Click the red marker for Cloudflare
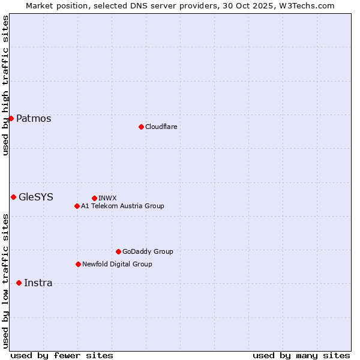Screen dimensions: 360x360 (x=141, y=127)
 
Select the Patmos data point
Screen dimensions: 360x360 (x=11, y=118)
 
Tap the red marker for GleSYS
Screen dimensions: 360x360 (x=13, y=197)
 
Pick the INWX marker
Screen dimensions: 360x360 (x=94, y=198)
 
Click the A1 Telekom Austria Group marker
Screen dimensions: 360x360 (x=77, y=206)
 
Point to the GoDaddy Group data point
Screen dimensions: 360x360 (x=118, y=251)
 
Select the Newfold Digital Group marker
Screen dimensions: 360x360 (x=78, y=264)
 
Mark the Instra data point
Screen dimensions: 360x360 (x=19, y=283)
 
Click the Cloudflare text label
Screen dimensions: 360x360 (x=161, y=127)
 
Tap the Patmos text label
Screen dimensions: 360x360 (x=34, y=118)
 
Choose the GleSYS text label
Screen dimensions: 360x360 (x=36, y=197)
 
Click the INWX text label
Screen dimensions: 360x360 (x=107, y=198)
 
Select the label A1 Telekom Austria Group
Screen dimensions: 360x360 (x=122, y=206)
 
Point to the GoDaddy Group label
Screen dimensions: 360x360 (x=148, y=251)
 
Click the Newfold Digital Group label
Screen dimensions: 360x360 (x=117, y=264)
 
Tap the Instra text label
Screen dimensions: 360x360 (x=38, y=283)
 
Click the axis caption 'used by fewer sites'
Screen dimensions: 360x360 (x=62, y=355)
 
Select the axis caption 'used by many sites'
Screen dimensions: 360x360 (x=301, y=355)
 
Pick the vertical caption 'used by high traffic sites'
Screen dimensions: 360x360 (x=5, y=85)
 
